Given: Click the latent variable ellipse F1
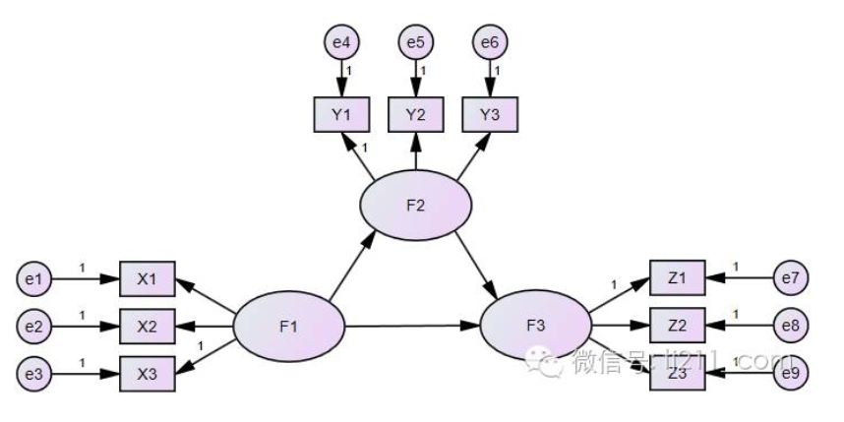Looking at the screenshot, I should click(x=289, y=327).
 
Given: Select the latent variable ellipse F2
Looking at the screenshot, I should click(x=416, y=206).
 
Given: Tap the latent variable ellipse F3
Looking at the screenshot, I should click(x=535, y=325).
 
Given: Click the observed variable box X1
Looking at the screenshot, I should click(x=147, y=279).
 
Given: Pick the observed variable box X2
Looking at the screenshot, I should click(x=147, y=326).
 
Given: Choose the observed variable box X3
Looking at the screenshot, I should click(x=147, y=373).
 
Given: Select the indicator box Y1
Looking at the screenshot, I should click(x=340, y=115).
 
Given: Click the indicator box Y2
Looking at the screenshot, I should click(x=416, y=115).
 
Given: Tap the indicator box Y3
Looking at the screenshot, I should click(x=491, y=115).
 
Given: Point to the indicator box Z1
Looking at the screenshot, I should click(x=678, y=278).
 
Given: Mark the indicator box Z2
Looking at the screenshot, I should click(x=678, y=325).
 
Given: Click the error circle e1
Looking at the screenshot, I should click(x=34, y=279).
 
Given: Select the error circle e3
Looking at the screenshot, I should click(x=34, y=373).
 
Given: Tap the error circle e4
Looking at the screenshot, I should click(x=340, y=42).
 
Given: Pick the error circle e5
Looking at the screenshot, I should click(x=416, y=42).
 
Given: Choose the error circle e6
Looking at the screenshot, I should click(x=490, y=42).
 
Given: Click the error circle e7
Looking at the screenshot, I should click(x=790, y=278).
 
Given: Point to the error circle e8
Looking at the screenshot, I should click(x=790, y=325).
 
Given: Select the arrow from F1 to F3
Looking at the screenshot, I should click(x=412, y=326).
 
